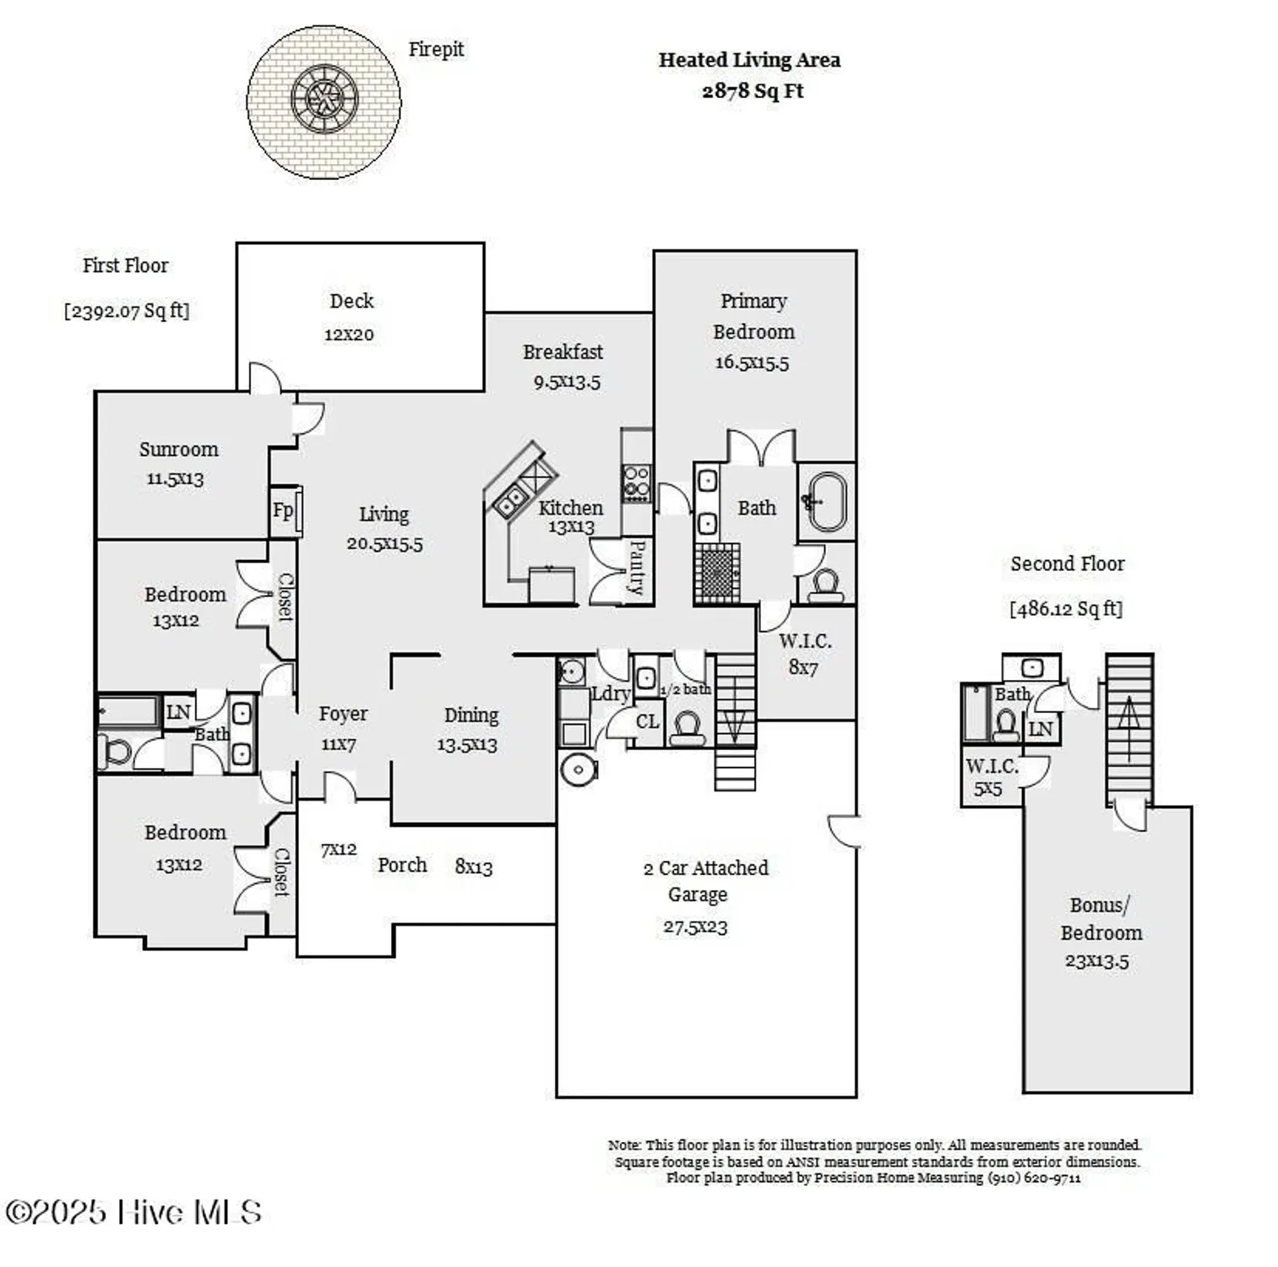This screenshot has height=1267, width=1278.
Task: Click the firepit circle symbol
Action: click(x=324, y=101)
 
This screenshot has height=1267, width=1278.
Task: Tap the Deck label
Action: click(x=351, y=302)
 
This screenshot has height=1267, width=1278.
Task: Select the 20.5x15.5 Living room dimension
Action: click(x=384, y=544)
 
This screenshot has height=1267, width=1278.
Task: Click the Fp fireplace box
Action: click(x=284, y=511)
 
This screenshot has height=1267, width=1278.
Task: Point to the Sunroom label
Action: click(x=178, y=449)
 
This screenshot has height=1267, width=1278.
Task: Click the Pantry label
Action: click(x=638, y=568)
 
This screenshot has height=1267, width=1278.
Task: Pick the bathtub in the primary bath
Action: click(x=826, y=502)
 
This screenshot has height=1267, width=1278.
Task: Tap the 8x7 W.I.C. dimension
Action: click(x=802, y=667)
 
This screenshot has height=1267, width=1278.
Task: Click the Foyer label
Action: click(x=343, y=715)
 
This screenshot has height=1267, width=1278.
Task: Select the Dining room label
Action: click(x=471, y=716)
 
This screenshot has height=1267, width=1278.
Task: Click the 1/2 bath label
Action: click(x=685, y=690)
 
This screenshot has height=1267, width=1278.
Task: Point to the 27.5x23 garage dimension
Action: click(x=695, y=927)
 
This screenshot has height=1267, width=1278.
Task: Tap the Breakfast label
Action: click(x=563, y=352)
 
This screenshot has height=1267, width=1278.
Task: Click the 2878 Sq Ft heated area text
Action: click(x=752, y=91)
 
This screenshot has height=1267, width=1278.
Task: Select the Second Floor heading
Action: click(x=1068, y=564)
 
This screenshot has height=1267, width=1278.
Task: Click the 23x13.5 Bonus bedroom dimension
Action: click(x=1096, y=961)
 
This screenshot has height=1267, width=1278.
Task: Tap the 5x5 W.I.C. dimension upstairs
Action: click(x=987, y=790)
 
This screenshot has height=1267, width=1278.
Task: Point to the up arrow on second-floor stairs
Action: click(x=1128, y=715)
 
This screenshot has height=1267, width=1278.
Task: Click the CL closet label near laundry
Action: click(x=647, y=722)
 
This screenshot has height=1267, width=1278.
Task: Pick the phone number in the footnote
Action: click(x=1034, y=1178)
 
